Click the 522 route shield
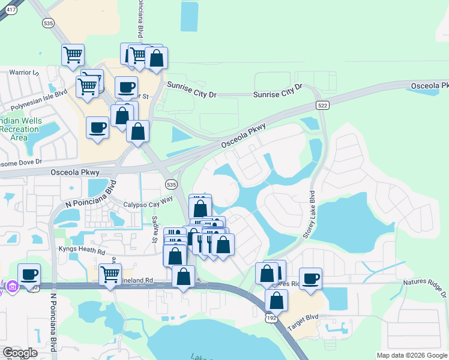point(322,105)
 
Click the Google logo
point(20,352)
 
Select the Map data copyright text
point(412,355)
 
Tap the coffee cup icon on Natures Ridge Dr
point(310,278)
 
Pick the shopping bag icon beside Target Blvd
point(276,299)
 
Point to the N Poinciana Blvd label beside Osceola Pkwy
point(86,196)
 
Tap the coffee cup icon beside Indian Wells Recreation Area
point(97,127)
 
